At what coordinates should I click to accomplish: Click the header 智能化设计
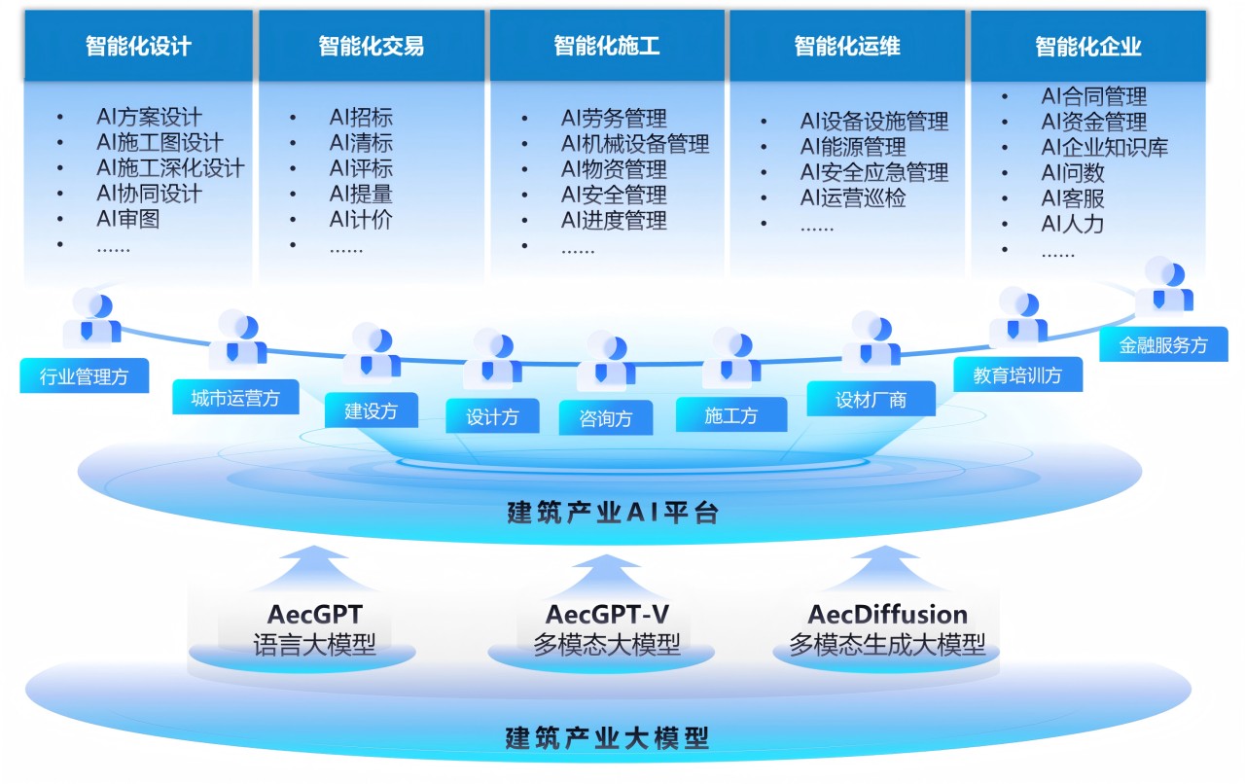[x=138, y=47]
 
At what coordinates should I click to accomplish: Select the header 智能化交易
[x=371, y=47]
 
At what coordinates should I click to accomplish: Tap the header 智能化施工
[x=607, y=46]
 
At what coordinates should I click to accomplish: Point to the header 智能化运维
[x=846, y=46]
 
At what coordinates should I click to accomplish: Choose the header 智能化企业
[x=1087, y=47]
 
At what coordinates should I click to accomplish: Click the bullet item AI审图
[x=128, y=219]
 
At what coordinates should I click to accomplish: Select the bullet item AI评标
[x=361, y=168]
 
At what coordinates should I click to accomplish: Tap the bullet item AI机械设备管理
[x=635, y=144]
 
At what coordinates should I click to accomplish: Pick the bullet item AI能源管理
[x=853, y=147]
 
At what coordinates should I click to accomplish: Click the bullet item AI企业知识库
[x=1104, y=148]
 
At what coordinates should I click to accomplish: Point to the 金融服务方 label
[x=1163, y=344]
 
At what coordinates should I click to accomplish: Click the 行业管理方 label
[x=85, y=375]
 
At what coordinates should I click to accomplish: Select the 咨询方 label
[x=605, y=418]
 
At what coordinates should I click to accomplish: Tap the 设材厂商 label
[x=871, y=399]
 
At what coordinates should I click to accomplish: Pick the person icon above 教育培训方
[x=1017, y=316]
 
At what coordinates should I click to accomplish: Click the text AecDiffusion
[x=887, y=615]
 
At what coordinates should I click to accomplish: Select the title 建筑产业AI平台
[x=613, y=513]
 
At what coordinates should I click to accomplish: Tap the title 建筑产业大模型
[x=607, y=738]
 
